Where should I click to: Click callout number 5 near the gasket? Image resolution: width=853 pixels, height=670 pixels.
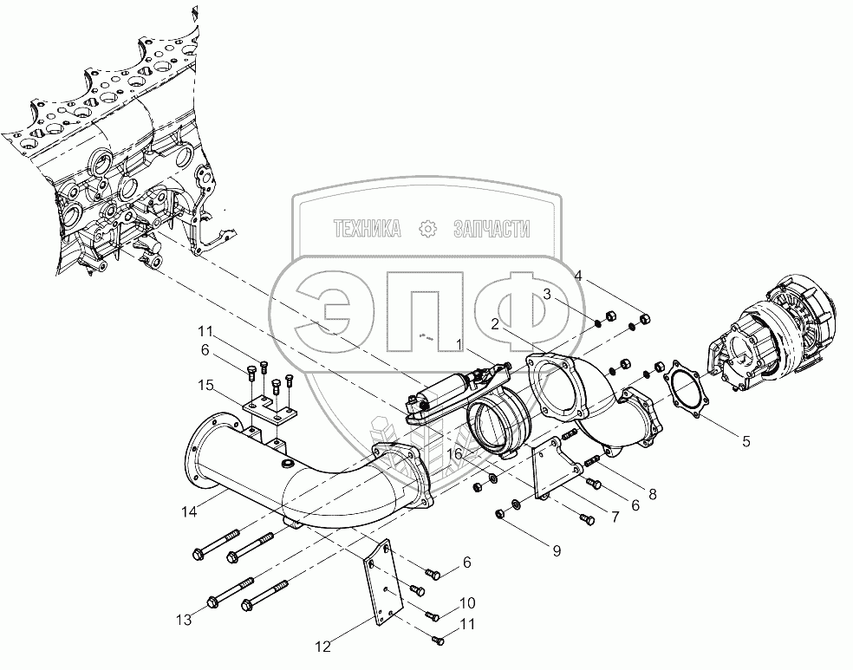(746, 441)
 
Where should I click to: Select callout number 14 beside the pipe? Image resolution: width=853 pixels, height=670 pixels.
(189, 511)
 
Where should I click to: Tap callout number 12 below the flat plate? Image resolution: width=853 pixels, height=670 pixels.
(322, 647)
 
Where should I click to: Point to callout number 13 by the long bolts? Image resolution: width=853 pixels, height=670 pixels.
(184, 620)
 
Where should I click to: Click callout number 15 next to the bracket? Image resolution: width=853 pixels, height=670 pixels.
(205, 386)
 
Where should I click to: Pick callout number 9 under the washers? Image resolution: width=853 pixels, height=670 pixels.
(557, 551)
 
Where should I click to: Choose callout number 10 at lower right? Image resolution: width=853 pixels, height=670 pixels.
(466, 602)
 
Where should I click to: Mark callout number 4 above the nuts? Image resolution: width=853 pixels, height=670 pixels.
(578, 276)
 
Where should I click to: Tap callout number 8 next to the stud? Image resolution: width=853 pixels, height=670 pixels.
(652, 494)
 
